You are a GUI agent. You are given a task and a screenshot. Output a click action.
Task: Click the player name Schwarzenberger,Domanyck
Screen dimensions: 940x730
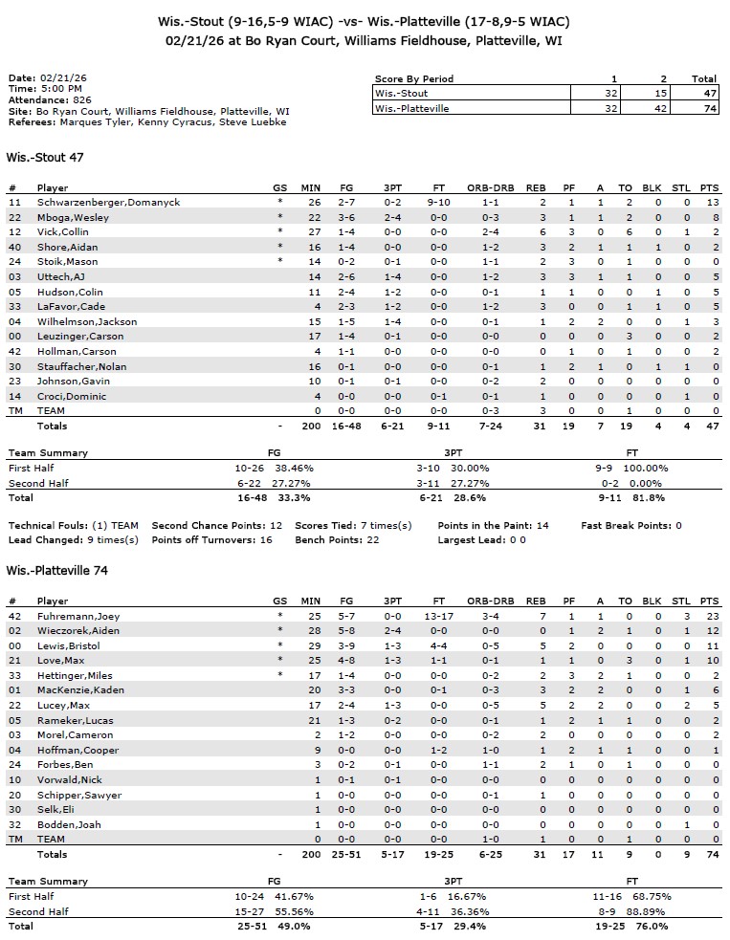[108, 203]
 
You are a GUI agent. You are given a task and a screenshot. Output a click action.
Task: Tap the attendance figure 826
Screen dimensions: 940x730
[82, 99]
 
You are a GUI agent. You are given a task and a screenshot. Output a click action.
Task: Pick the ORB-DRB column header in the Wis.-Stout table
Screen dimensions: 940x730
[490, 187]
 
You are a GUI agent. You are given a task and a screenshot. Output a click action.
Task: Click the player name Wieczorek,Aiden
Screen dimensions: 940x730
[79, 631]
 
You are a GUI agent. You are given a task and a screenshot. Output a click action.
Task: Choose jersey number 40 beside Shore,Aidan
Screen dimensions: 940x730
[13, 248]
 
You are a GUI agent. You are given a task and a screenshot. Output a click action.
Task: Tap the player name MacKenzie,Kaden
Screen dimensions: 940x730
[80, 690]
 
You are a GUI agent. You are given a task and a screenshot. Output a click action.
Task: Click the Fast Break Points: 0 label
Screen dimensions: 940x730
[631, 526]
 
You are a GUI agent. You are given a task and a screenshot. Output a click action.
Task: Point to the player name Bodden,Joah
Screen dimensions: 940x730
[69, 824]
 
